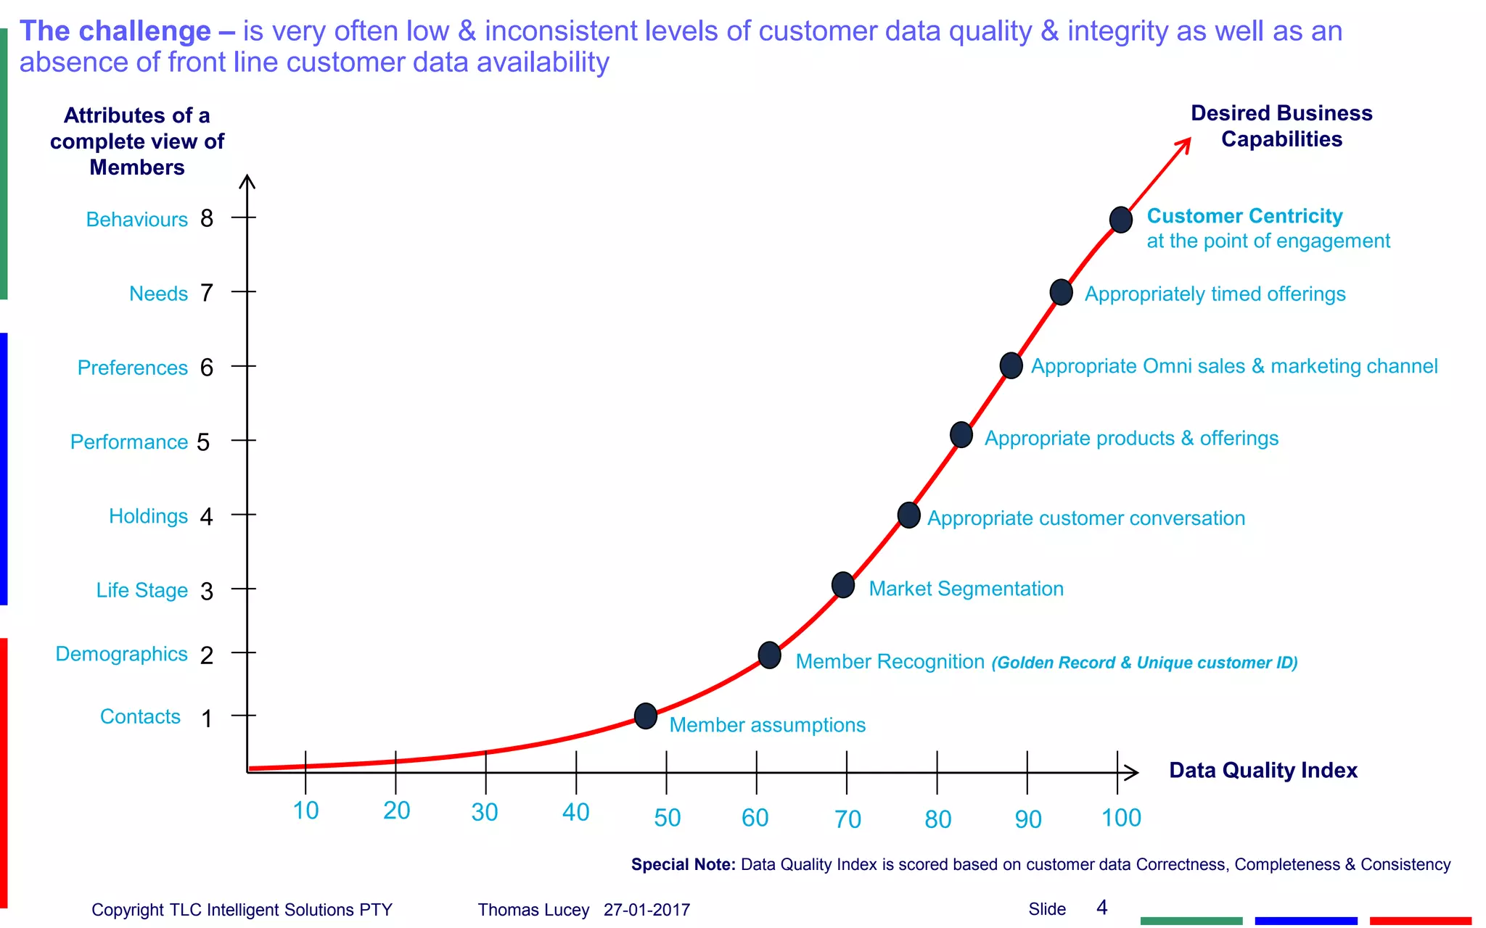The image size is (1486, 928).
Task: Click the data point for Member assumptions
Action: pos(645,716)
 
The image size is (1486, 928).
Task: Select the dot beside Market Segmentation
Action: pos(842,584)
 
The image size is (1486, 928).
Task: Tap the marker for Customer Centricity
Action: pos(1120,220)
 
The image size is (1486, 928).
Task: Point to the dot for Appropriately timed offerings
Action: pos(1061,292)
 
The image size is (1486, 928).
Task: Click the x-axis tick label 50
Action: pos(667,818)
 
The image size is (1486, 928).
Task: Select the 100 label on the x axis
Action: pos(1121,818)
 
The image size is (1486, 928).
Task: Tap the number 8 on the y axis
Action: pos(207,218)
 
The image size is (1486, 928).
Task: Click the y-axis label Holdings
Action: pos(148,516)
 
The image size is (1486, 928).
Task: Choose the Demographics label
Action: pos(121,654)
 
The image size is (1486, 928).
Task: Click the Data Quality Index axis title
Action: pos(1263,770)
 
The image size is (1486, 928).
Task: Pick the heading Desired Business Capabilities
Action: pos(1281,126)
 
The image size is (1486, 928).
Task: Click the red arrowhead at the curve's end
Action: pos(1184,144)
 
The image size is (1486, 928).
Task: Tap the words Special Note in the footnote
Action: pos(683,864)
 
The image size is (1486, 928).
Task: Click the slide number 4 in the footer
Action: pos(1101,908)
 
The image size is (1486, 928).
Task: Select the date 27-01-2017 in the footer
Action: pos(646,910)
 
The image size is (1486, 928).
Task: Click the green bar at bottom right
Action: pos(1191,921)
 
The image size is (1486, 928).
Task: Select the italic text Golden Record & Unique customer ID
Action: pos(1144,663)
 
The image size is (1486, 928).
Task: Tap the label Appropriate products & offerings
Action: pos(1130,439)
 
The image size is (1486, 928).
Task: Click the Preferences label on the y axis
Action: pos(132,368)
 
